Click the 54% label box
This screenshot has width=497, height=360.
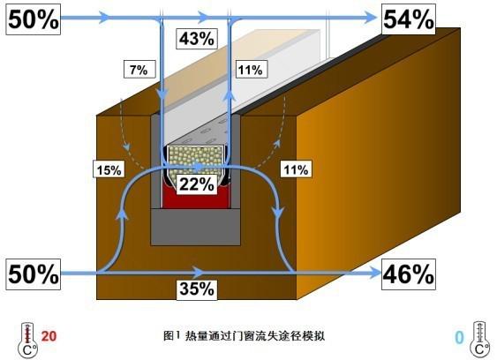pos(409,19)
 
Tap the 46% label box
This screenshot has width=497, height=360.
pos(409,274)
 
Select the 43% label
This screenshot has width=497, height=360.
pos(197,39)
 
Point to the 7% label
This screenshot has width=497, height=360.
pos(139,69)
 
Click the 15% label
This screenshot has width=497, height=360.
pos(109,169)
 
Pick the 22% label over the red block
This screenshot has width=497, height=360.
pos(197,184)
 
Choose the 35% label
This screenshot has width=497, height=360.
pos(197,289)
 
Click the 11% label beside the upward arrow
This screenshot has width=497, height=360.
pos(252,69)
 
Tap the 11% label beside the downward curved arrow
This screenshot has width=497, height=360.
pos(296,169)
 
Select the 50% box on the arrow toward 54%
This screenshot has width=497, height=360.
pos(34,19)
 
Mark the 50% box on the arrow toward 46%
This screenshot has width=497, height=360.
pos(34,274)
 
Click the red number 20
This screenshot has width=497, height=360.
pos(49,336)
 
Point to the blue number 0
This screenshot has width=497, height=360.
pos(459,337)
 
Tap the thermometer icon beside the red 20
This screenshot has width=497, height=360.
pos(28,340)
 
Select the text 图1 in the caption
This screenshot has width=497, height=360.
pos(171,335)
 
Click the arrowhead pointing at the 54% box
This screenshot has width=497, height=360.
pos(370,18)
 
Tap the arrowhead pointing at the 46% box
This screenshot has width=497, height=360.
pos(374,273)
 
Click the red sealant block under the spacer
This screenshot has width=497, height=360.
pos(196,197)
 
